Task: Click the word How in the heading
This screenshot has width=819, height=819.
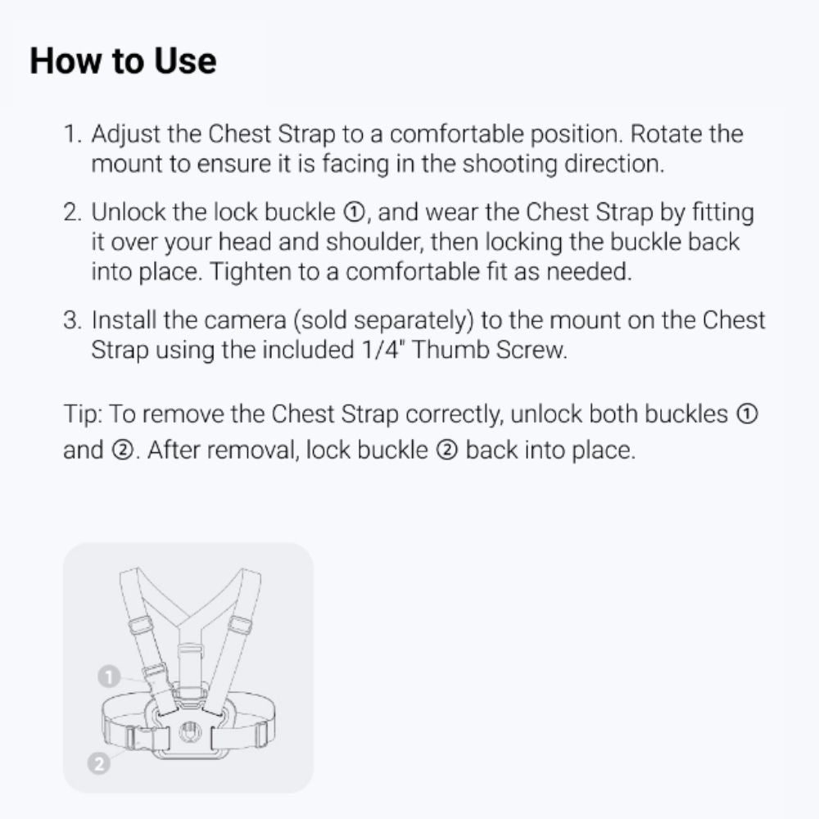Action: pos(66,61)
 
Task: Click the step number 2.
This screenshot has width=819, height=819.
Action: pos(72,212)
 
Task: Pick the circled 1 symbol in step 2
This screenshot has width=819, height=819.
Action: pos(354,213)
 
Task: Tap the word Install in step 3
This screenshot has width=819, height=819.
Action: pos(124,319)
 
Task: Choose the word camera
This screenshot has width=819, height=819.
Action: pos(245,320)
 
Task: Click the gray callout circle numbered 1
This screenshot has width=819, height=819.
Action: pos(109,677)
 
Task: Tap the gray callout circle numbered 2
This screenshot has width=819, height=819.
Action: pos(99,763)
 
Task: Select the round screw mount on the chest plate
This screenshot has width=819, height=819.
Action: pos(190,731)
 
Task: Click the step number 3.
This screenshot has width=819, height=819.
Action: pos(72,320)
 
